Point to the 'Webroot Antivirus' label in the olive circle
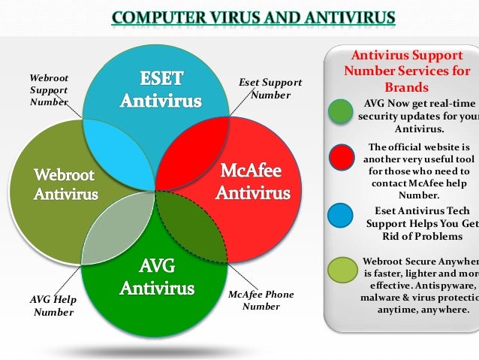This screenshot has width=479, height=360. [x=65, y=184]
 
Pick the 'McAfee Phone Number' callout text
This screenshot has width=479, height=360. [x=261, y=300]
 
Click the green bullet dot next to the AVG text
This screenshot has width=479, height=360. [x=341, y=112]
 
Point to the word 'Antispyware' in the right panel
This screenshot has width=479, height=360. [x=444, y=286]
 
